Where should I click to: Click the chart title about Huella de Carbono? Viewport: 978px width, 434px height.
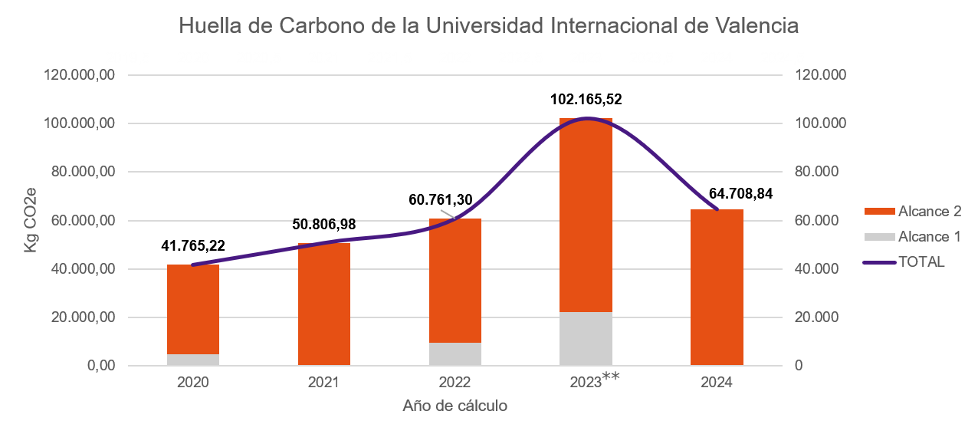tap(488, 25)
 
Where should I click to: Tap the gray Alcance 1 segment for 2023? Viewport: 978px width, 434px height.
tap(586, 338)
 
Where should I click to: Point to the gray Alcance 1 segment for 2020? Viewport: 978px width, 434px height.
tap(193, 359)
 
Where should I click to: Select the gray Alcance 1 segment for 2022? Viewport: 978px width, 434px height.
tap(455, 353)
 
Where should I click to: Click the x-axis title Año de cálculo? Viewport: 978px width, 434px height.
tap(455, 406)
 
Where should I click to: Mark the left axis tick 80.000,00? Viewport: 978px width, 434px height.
tap(84, 172)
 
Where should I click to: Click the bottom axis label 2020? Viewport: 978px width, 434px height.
tap(193, 382)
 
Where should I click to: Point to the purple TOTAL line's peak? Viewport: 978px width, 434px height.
tap(587, 120)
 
